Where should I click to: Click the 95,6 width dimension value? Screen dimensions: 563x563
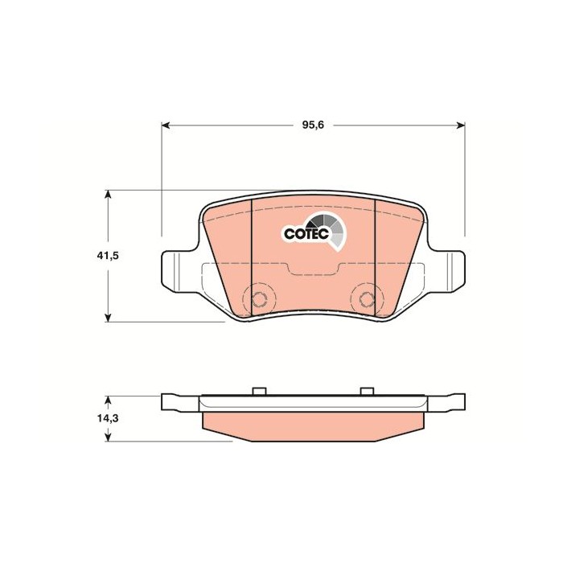coord(313,125)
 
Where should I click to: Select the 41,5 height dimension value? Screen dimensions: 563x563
coord(108,256)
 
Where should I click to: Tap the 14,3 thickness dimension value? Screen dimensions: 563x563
coord(108,418)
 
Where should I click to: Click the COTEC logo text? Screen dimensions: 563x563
coord(306,234)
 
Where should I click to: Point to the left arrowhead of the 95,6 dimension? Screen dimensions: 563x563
coord(166,125)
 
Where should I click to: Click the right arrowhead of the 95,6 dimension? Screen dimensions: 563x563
coord(461,125)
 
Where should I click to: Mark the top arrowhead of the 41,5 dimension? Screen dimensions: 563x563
coord(108,195)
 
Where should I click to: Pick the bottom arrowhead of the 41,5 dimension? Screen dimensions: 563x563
coord(108,318)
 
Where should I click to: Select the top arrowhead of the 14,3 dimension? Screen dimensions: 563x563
coord(108,401)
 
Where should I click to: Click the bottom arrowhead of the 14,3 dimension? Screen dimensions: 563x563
coord(108,437)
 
